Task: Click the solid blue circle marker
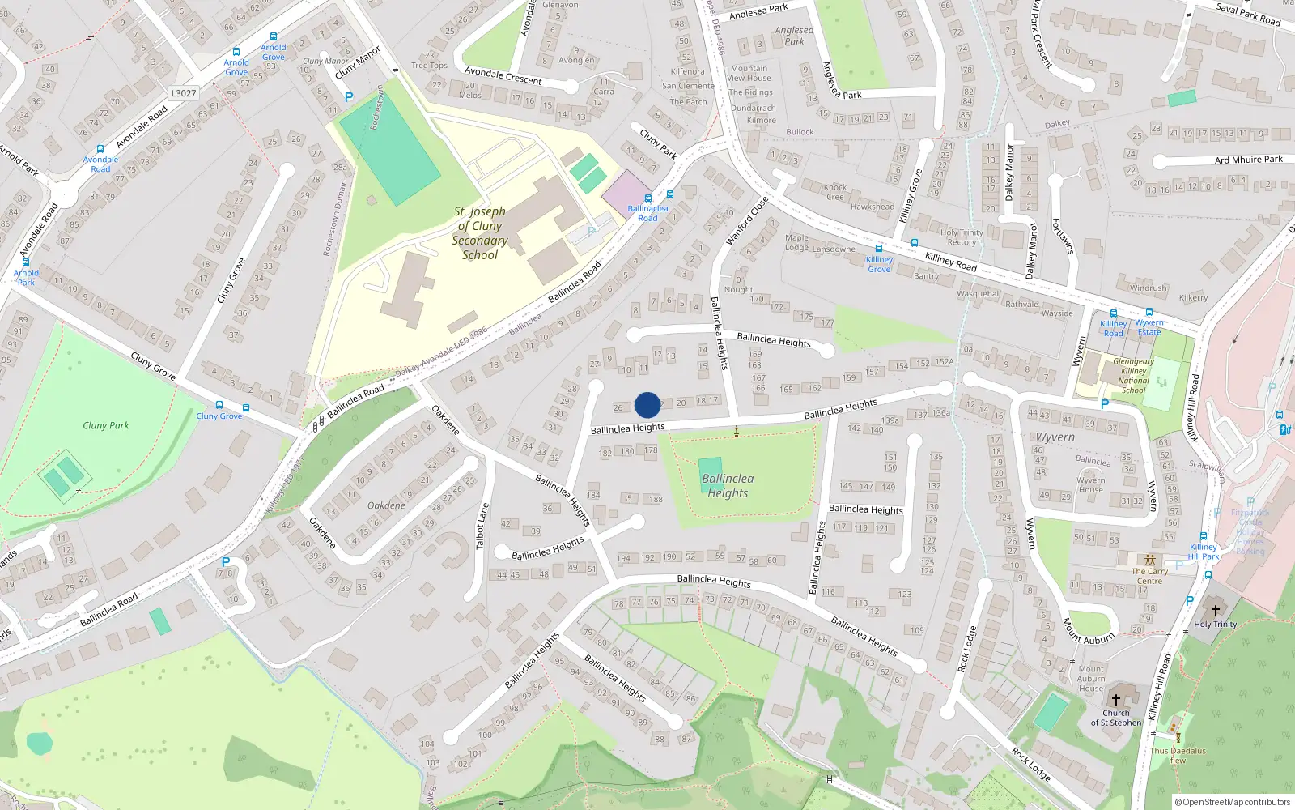(647, 405)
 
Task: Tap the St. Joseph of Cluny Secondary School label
(480, 233)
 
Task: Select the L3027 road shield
(184, 93)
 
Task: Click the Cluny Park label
(106, 425)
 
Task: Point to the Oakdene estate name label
(386, 505)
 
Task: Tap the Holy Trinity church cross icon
(1215, 610)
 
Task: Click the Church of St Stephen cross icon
(1115, 700)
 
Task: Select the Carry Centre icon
(1149, 560)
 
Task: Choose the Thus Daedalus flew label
(1178, 755)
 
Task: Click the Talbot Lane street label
(482, 526)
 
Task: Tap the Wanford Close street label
(746, 221)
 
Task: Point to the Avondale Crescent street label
(503, 76)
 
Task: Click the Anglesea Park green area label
(794, 36)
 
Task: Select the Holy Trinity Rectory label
(962, 237)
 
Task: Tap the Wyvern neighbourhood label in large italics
(1055, 437)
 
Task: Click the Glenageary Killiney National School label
(1133, 376)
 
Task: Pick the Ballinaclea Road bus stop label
(647, 213)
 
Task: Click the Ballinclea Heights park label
(728, 486)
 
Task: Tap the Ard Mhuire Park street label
(1248, 160)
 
